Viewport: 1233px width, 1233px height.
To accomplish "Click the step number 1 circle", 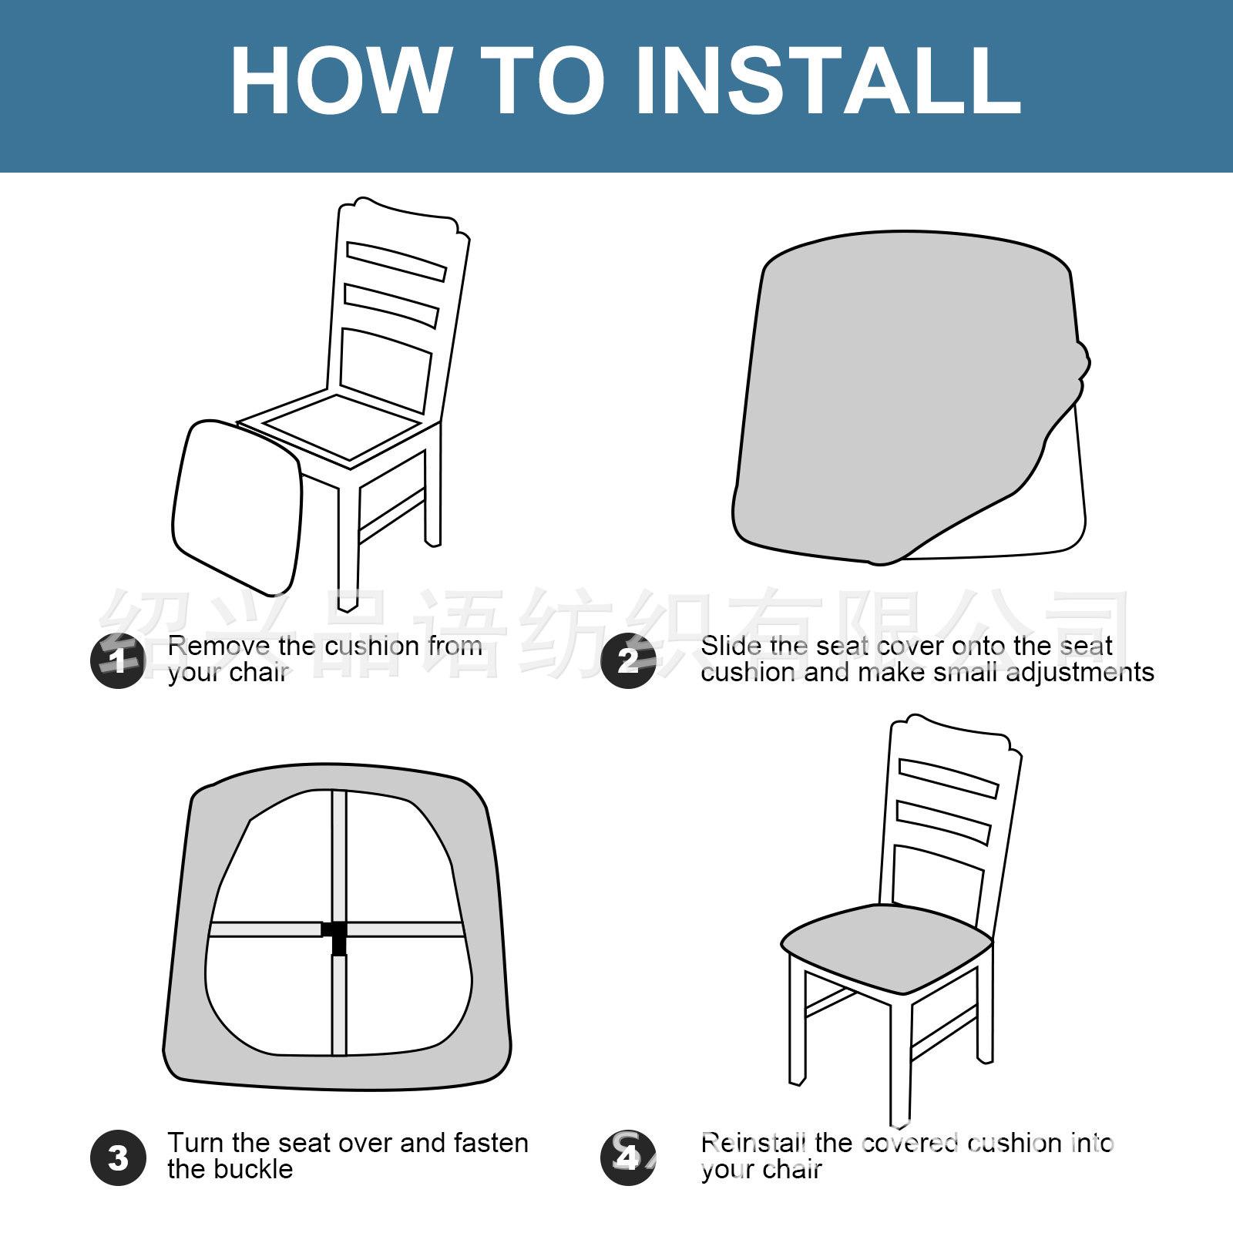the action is point(118,660).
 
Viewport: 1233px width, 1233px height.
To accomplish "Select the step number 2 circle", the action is point(628,660).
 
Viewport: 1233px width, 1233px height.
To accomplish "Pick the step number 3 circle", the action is point(118,1157).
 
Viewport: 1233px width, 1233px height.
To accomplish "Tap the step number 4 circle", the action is point(628,1157).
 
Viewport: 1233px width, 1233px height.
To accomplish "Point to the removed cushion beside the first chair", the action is point(236,507).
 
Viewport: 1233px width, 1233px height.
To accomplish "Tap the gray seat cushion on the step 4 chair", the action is point(886,939).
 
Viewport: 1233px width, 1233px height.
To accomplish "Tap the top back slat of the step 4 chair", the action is point(949,778).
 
